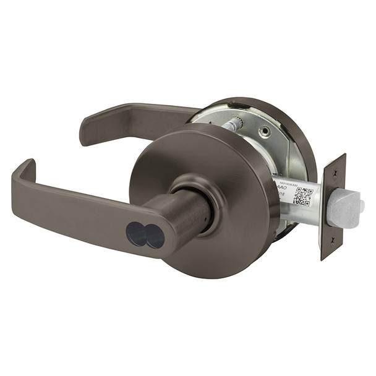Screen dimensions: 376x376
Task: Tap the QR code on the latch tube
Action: (x=302, y=195)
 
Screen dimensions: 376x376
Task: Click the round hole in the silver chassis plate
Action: (x=265, y=131)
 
